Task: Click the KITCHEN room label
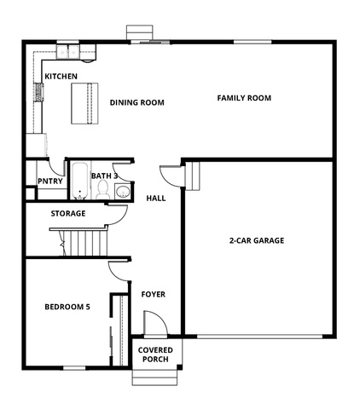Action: (x=61, y=76)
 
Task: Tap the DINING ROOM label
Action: (x=137, y=102)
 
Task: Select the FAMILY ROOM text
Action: (x=244, y=98)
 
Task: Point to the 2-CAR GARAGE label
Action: (x=257, y=240)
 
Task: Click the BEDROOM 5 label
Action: (x=67, y=307)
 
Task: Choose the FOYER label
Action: (x=154, y=294)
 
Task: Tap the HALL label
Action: (x=156, y=199)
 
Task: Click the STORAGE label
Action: (x=68, y=213)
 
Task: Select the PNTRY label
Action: (x=50, y=181)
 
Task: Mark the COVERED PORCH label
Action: (x=155, y=354)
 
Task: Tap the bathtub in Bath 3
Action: (x=79, y=181)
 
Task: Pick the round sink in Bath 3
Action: (x=123, y=191)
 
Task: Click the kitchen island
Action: (x=84, y=103)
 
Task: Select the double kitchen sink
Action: (x=67, y=52)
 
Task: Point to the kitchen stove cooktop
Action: (x=38, y=92)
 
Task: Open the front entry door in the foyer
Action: (x=155, y=323)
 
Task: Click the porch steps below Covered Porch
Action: (x=154, y=377)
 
